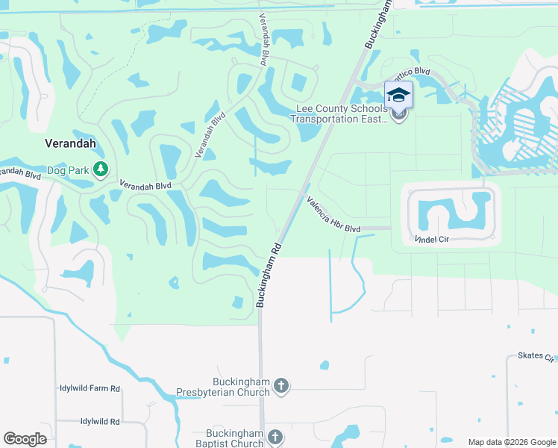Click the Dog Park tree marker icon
tap(101, 171)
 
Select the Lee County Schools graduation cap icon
tap(398, 95)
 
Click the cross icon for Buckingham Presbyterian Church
tap(281, 386)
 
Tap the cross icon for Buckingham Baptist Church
tap(275, 438)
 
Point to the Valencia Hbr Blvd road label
tap(333, 214)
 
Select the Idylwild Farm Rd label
tap(90, 389)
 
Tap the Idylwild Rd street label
tap(90, 422)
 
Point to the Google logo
tap(25, 439)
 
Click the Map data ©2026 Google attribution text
tap(512, 441)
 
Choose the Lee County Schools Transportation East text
tap(339, 114)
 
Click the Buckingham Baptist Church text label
tap(235, 438)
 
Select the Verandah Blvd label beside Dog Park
tap(146, 184)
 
